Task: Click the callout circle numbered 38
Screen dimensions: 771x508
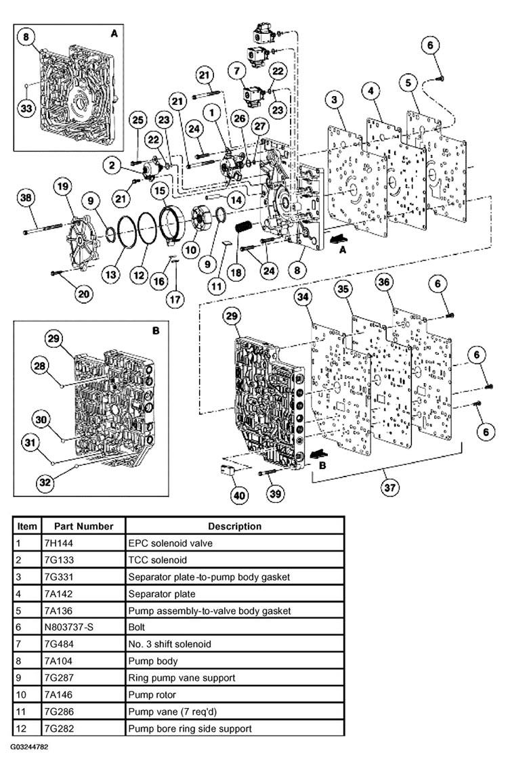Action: coord(26,198)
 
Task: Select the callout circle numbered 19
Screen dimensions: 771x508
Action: coord(63,187)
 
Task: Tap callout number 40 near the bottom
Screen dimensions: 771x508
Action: coord(239,495)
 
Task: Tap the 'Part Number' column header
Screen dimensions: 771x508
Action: coord(83,526)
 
